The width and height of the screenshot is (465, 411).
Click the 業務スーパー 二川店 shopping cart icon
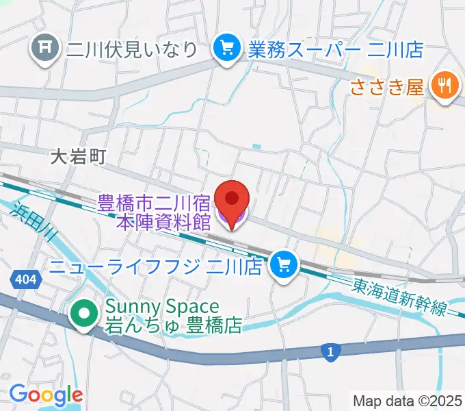224,48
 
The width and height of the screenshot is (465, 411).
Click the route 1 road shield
330,352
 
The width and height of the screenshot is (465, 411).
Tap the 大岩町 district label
79,157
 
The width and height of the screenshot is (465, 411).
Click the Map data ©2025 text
407,400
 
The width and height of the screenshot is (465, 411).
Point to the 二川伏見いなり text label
132,49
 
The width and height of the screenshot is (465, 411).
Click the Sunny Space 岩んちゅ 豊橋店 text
173,316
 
